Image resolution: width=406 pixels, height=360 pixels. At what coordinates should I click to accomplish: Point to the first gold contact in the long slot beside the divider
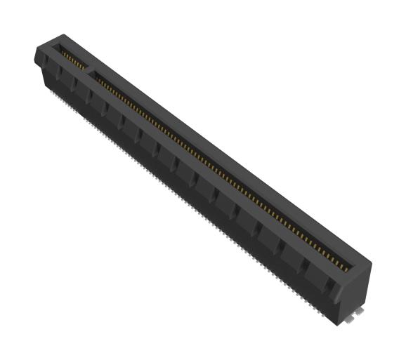[98, 76]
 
